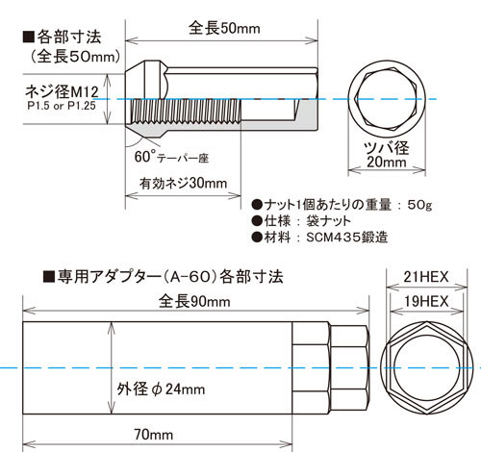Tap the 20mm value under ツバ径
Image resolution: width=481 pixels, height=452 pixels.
click(387, 163)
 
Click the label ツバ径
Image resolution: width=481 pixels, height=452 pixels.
click(387, 147)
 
